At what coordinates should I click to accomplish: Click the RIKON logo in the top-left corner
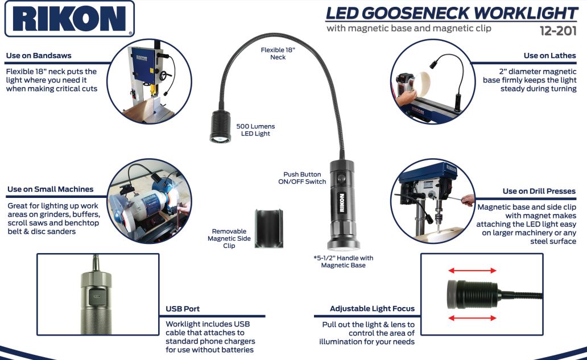pyautogui.click(x=69, y=19)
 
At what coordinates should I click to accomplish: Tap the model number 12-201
pyautogui.click(x=558, y=30)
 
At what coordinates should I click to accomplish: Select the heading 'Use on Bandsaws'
pyautogui.click(x=39, y=55)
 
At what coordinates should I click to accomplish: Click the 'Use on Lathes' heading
pyautogui.click(x=549, y=55)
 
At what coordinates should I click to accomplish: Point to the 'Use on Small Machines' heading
pyautogui.click(x=51, y=189)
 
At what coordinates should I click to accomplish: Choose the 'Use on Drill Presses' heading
pyautogui.click(x=539, y=191)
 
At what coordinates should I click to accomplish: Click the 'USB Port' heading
pyautogui.click(x=183, y=309)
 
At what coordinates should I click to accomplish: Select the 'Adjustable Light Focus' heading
pyautogui.click(x=372, y=308)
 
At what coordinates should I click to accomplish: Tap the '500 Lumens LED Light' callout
pyautogui.click(x=255, y=130)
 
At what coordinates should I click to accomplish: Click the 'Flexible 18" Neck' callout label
pyautogui.click(x=278, y=53)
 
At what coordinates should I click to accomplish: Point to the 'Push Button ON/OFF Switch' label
pyautogui.click(x=302, y=178)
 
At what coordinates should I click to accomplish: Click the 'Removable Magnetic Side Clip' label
pyautogui.click(x=229, y=238)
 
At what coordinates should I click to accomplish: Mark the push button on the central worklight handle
pyautogui.click(x=341, y=179)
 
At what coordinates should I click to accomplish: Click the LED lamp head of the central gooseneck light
pyautogui.click(x=220, y=126)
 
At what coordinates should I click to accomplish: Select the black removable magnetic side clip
pyautogui.click(x=269, y=229)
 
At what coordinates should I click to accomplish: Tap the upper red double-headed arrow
pyautogui.click(x=473, y=270)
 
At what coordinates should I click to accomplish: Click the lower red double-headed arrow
pyautogui.click(x=473, y=318)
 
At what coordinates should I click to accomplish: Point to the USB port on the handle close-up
pyautogui.click(x=97, y=296)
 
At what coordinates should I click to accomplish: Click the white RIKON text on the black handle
pyautogui.click(x=341, y=203)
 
